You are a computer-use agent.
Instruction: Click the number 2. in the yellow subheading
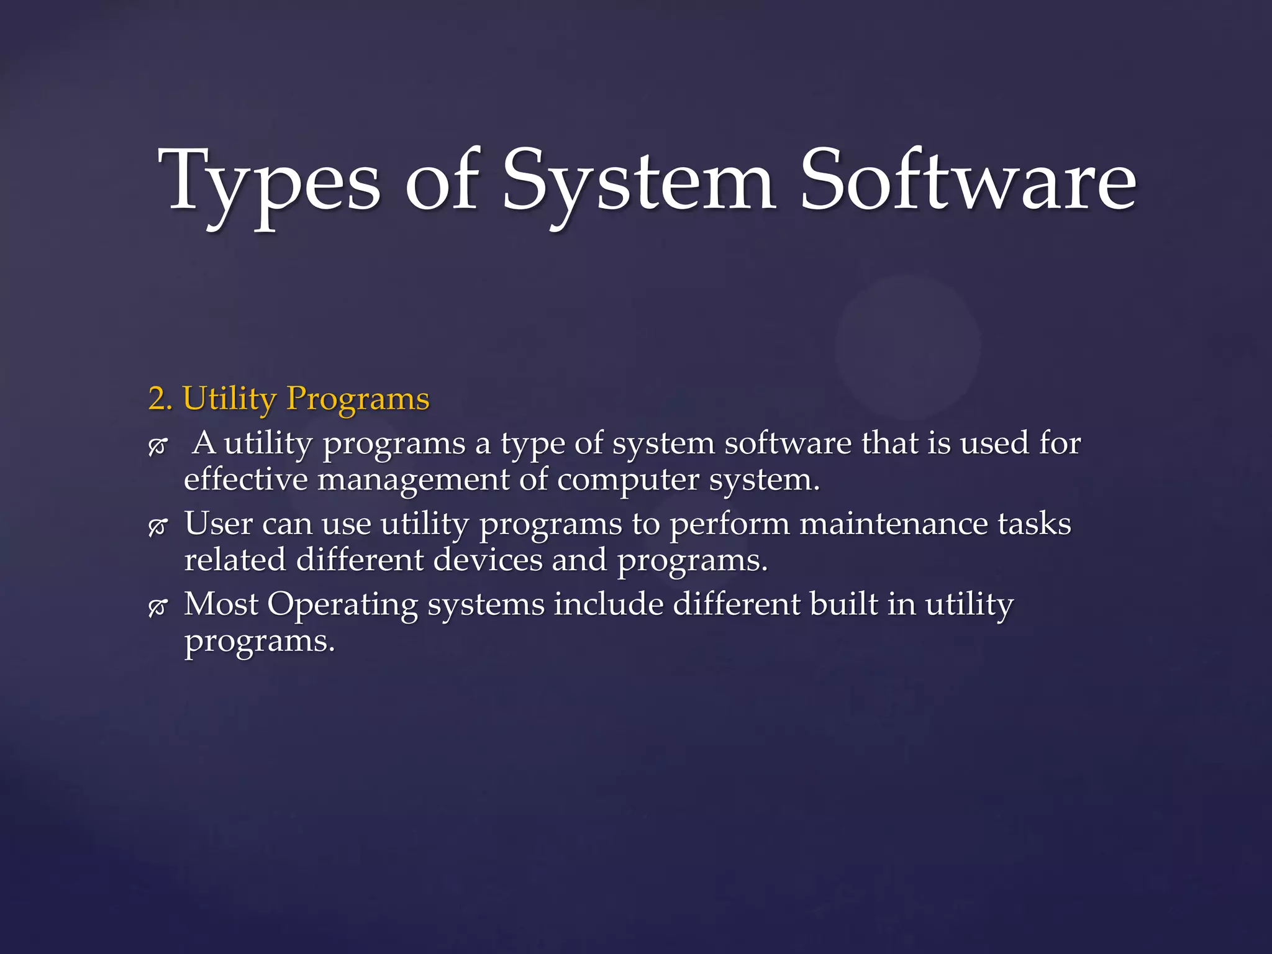pyautogui.click(x=160, y=398)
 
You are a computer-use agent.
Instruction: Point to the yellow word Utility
pyautogui.click(x=229, y=399)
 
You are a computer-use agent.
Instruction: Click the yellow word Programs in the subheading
pyautogui.click(x=358, y=399)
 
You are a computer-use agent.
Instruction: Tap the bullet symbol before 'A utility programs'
pyautogui.click(x=158, y=447)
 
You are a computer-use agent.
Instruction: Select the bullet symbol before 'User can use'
pyautogui.click(x=158, y=527)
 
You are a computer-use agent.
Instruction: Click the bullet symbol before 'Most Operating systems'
pyautogui.click(x=158, y=607)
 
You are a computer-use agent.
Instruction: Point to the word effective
pyautogui.click(x=246, y=479)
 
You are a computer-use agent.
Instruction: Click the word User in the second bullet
pyautogui.click(x=218, y=523)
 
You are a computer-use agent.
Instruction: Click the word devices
pyautogui.click(x=488, y=560)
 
